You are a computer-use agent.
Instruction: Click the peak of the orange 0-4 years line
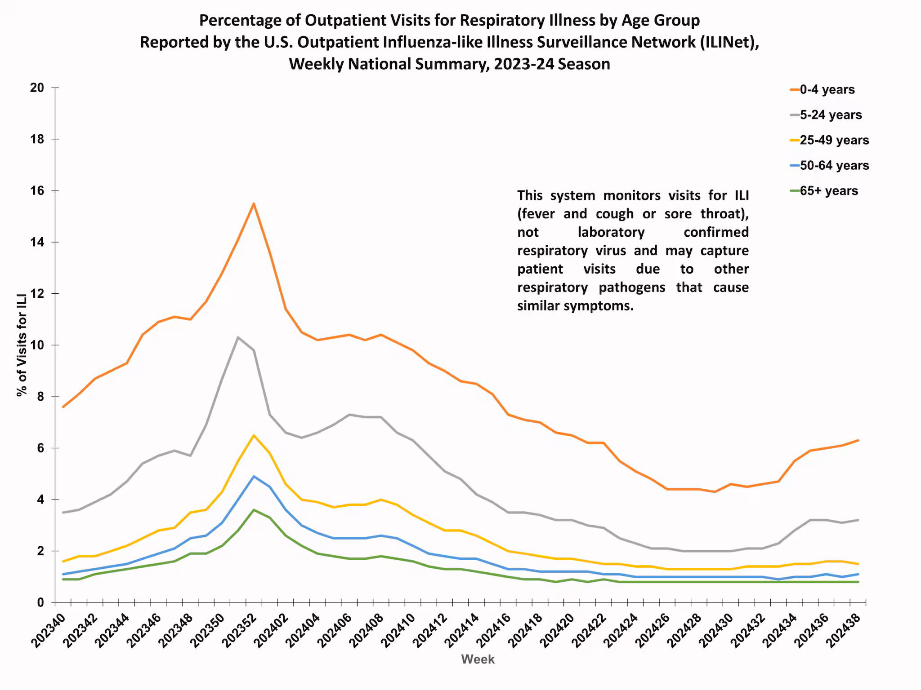click(254, 203)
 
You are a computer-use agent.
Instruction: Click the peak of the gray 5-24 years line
click(238, 337)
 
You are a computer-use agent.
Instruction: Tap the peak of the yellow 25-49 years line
click(254, 435)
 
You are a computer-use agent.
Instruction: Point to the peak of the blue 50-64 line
click(254, 476)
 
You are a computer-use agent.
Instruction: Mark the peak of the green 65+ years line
click(254, 510)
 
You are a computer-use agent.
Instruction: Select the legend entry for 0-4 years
click(827, 89)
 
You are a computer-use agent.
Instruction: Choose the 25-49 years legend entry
click(834, 140)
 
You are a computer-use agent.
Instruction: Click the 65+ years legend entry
click(828, 191)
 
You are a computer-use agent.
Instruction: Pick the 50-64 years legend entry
click(834, 165)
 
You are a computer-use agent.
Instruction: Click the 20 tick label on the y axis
click(37, 88)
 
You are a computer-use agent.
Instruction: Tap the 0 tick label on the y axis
click(40, 602)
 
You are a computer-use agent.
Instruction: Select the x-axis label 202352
click(239, 631)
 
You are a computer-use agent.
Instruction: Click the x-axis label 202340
click(49, 631)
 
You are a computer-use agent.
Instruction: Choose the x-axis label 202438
click(844, 631)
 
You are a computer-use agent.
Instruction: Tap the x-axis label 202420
click(558, 631)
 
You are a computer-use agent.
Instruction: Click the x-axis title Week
click(478, 659)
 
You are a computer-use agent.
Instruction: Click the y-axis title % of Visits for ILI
click(22, 345)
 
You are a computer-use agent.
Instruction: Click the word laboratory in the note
click(611, 232)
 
